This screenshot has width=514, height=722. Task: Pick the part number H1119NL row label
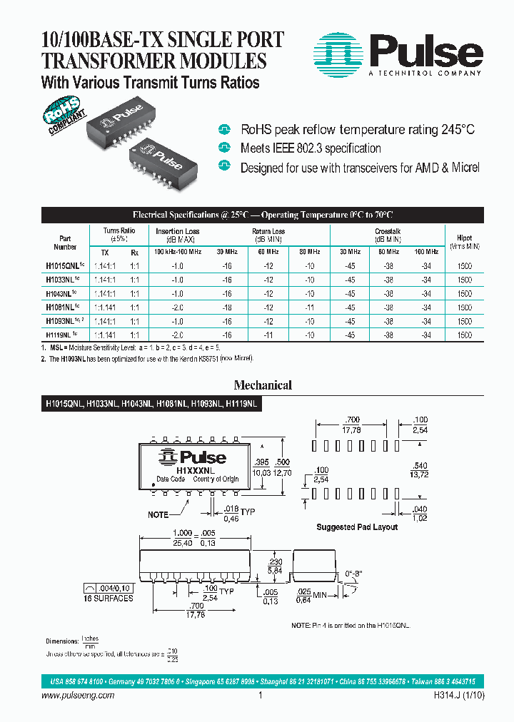click(61, 334)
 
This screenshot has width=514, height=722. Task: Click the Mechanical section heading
click(263, 385)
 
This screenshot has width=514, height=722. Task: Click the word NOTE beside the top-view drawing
click(158, 514)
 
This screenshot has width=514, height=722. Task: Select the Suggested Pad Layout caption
click(357, 527)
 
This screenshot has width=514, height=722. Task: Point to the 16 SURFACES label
click(109, 598)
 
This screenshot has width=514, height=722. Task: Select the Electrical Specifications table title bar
click(263, 215)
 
